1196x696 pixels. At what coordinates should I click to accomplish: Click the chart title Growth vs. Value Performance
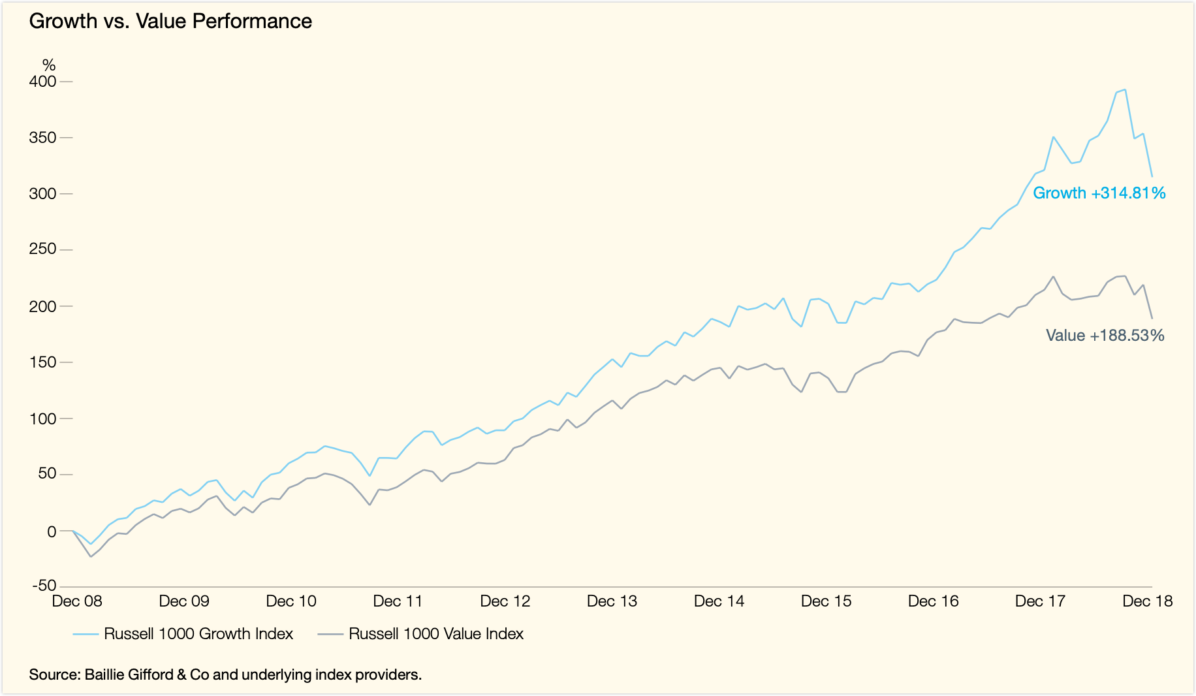click(170, 22)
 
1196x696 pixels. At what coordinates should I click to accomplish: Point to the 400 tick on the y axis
click(43, 82)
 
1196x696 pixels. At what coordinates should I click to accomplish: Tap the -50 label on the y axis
click(43, 586)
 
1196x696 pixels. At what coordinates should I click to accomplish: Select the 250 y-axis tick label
click(43, 249)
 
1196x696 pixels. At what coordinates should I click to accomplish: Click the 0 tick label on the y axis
click(52, 531)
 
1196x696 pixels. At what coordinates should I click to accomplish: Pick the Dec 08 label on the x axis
click(77, 601)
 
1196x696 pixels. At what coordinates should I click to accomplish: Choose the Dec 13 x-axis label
click(612, 601)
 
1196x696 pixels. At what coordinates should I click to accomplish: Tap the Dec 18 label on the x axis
click(1147, 601)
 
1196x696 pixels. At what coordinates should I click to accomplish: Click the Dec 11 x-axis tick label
click(398, 601)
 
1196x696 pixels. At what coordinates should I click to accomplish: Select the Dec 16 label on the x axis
click(933, 601)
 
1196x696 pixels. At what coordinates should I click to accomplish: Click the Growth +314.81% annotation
click(1099, 193)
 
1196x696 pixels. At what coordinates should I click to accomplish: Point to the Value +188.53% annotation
click(1105, 336)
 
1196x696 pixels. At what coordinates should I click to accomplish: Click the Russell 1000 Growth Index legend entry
click(198, 634)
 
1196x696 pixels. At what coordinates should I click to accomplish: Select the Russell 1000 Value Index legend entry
click(436, 634)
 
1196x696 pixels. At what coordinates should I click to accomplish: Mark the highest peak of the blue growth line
click(1125, 90)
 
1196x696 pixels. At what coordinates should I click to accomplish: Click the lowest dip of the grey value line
click(91, 556)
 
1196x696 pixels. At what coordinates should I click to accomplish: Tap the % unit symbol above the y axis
click(49, 65)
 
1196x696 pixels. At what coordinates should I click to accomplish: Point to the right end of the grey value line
click(1152, 319)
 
